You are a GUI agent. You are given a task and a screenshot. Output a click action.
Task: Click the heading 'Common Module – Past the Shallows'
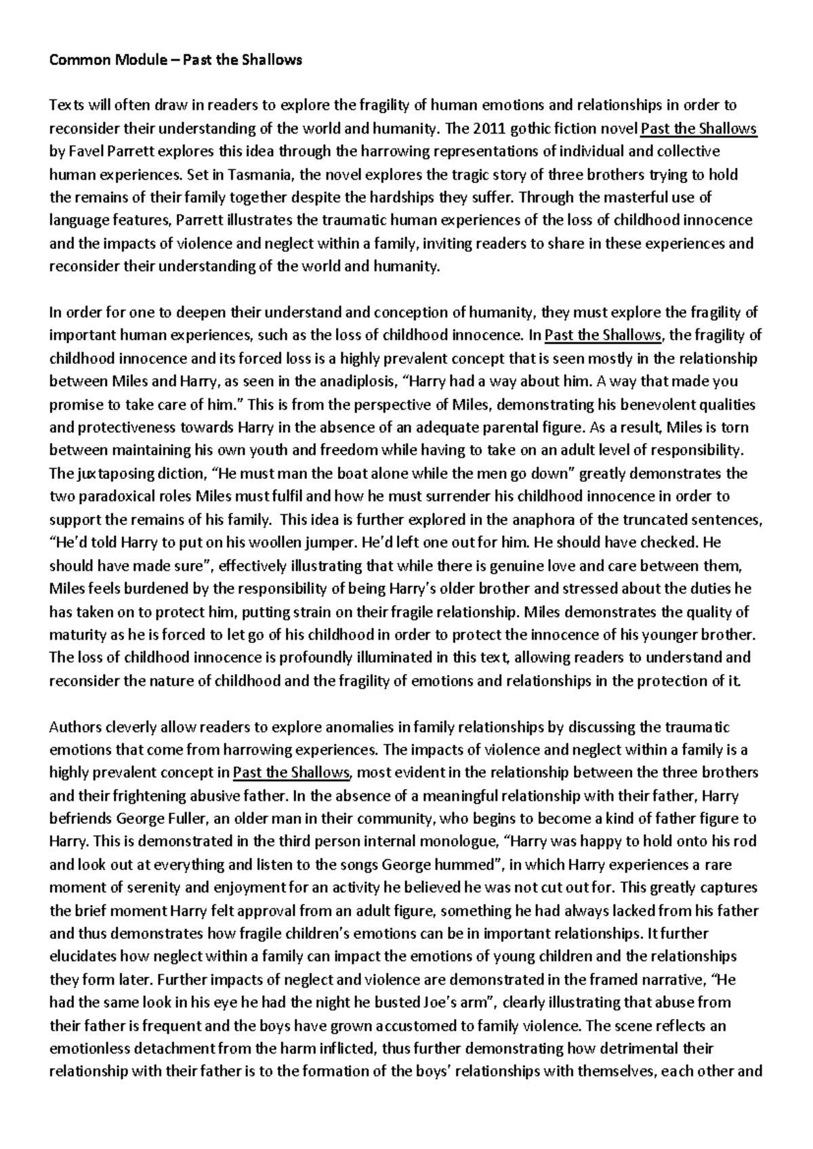click(175, 60)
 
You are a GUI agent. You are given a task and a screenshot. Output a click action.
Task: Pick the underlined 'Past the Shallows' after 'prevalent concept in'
click(291, 772)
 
